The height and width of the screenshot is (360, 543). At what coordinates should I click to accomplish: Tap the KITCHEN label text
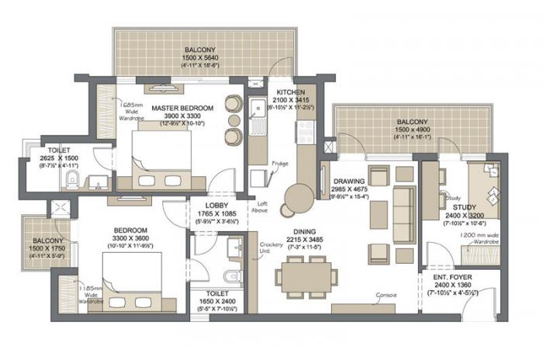(x=284, y=92)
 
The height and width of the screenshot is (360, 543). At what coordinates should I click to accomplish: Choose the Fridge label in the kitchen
(x=281, y=164)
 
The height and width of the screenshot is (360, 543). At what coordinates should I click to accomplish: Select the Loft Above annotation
(x=261, y=206)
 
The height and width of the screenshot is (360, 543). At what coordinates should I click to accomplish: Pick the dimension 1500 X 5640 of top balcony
(x=184, y=57)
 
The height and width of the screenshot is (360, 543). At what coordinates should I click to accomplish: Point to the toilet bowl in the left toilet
(x=72, y=181)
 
